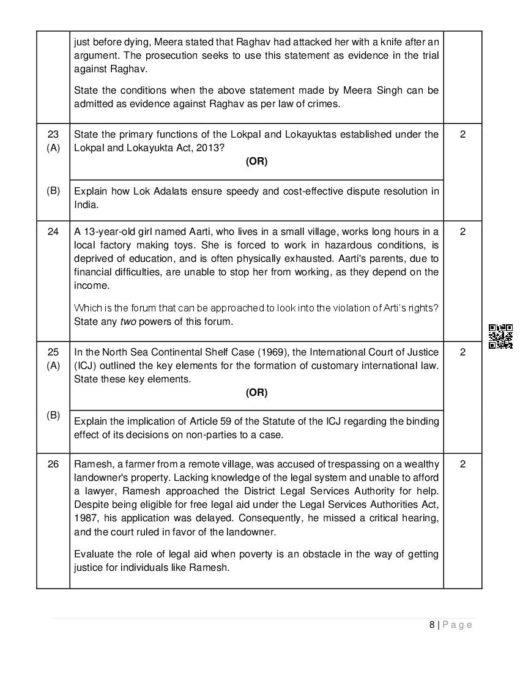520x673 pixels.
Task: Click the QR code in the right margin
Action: tap(500, 336)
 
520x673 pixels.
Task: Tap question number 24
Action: tap(53, 231)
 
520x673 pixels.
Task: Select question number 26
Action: tap(53, 464)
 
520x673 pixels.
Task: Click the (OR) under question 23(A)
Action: tap(256, 162)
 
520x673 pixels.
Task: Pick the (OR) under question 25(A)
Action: tap(256, 392)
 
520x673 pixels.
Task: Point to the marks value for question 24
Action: tap(462, 231)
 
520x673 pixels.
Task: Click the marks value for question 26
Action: tap(462, 464)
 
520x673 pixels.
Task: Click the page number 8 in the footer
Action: tap(432, 625)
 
